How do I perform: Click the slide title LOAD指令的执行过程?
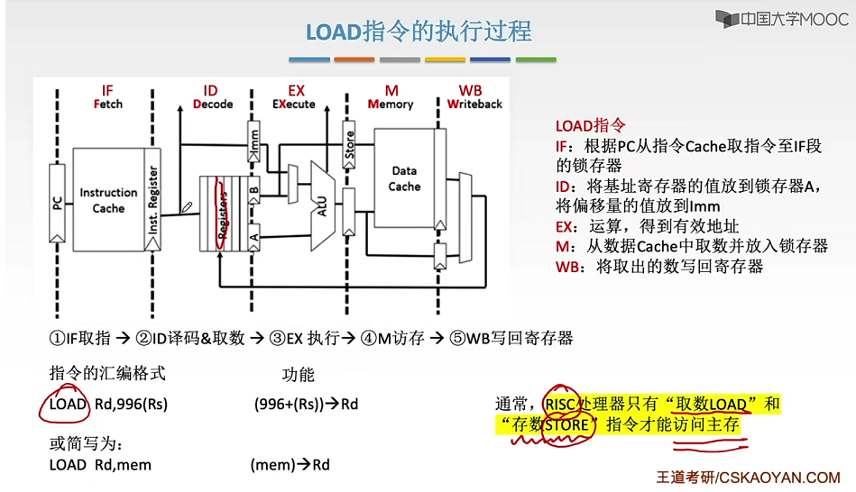pyautogui.click(x=419, y=32)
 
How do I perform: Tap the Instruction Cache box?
pyautogui.click(x=108, y=200)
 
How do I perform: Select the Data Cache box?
pyautogui.click(x=404, y=178)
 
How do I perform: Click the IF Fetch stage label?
pyautogui.click(x=107, y=97)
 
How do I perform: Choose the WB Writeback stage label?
pyautogui.click(x=474, y=97)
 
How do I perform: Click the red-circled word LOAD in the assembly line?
pyautogui.click(x=67, y=404)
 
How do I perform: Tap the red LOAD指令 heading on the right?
pyautogui.click(x=590, y=126)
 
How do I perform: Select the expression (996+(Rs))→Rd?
pyautogui.click(x=306, y=405)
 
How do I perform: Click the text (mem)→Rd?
pyautogui.click(x=290, y=465)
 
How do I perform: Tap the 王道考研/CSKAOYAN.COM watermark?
pyautogui.click(x=748, y=478)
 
